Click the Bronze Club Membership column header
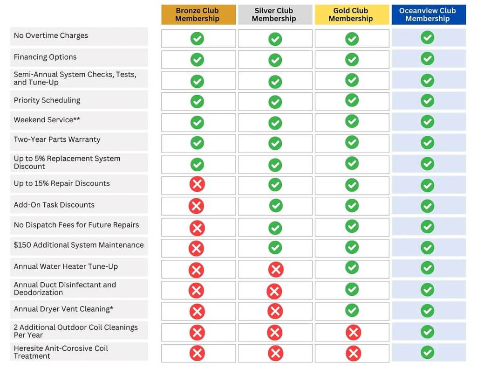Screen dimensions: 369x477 [x=198, y=15]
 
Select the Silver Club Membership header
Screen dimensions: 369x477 [x=274, y=15]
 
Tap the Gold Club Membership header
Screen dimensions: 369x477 [x=351, y=15]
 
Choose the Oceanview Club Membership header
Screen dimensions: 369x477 [x=428, y=15]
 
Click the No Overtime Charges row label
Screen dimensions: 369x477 [x=51, y=36]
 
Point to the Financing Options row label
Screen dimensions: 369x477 [x=45, y=57]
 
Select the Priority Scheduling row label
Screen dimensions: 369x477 [x=47, y=100]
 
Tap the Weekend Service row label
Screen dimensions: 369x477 [x=47, y=120]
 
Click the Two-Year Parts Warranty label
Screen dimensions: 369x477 [x=57, y=139]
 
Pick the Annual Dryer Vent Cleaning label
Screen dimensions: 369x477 [x=63, y=309]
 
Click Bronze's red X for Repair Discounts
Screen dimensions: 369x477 [x=197, y=184]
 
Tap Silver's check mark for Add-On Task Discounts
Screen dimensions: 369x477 [x=276, y=205]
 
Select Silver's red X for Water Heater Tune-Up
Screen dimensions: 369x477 [x=276, y=269]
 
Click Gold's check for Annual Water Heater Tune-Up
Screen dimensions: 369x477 [x=352, y=267]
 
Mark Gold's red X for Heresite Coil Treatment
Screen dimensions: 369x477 [x=353, y=353]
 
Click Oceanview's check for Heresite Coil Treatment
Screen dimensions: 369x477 [x=427, y=352]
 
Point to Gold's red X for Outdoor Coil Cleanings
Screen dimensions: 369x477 [x=353, y=332]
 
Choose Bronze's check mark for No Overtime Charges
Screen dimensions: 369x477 [x=197, y=38]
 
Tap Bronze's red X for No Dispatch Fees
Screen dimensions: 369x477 [x=197, y=228]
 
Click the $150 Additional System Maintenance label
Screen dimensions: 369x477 [x=79, y=245]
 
